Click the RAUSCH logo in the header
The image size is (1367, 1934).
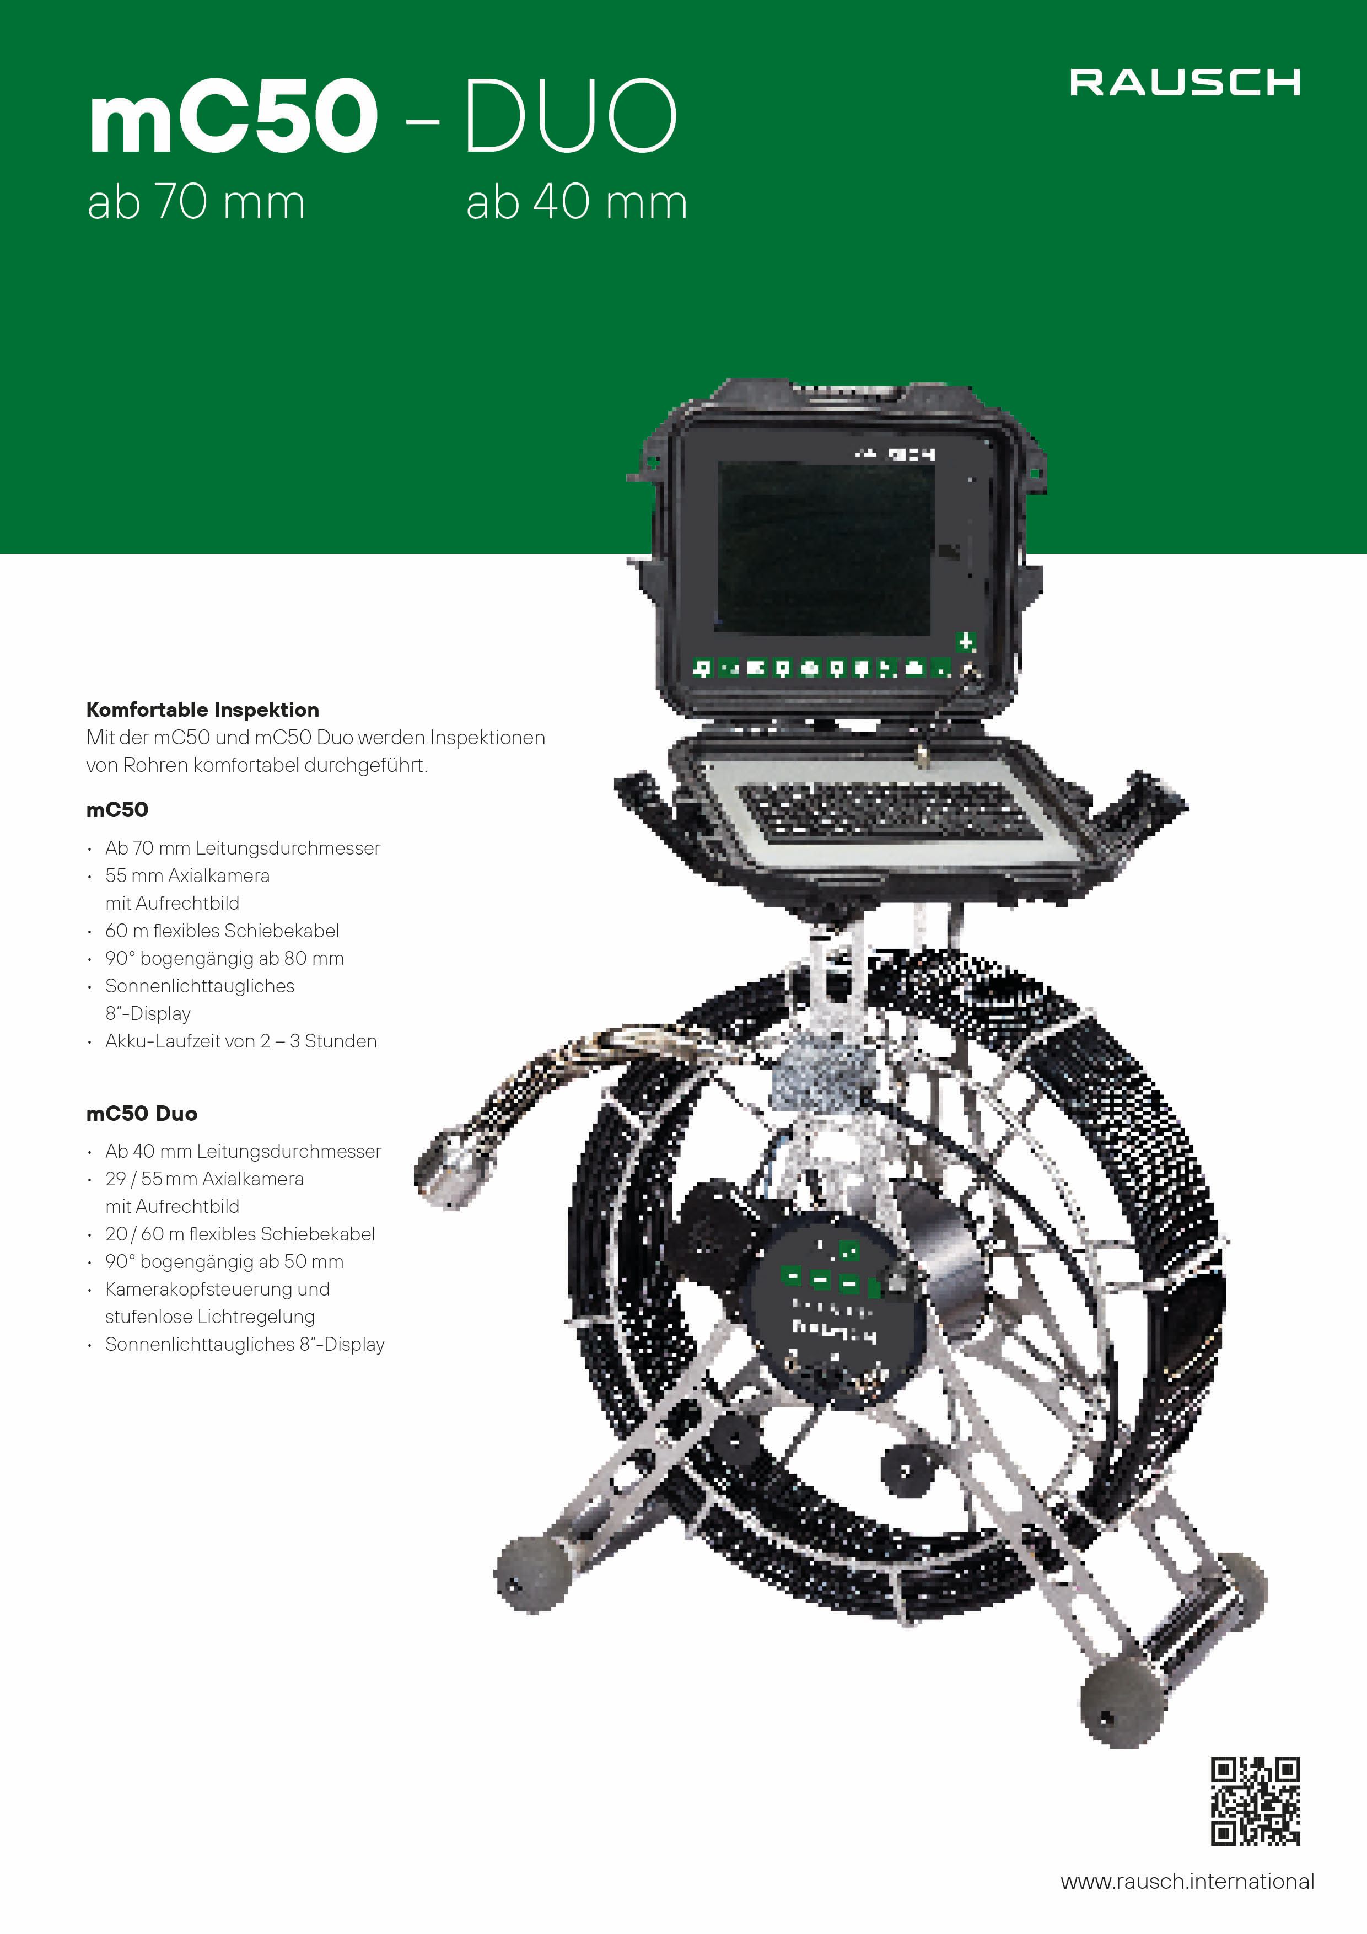[1185, 83]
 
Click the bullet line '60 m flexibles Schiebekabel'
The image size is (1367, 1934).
[222, 931]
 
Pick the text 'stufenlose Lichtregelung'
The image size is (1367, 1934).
[209, 1317]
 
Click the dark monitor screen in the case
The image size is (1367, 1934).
[825, 549]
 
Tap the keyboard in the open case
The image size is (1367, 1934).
[889, 810]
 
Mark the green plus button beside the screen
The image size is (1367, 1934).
[965, 642]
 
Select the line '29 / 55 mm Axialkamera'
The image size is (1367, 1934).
[204, 1178]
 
